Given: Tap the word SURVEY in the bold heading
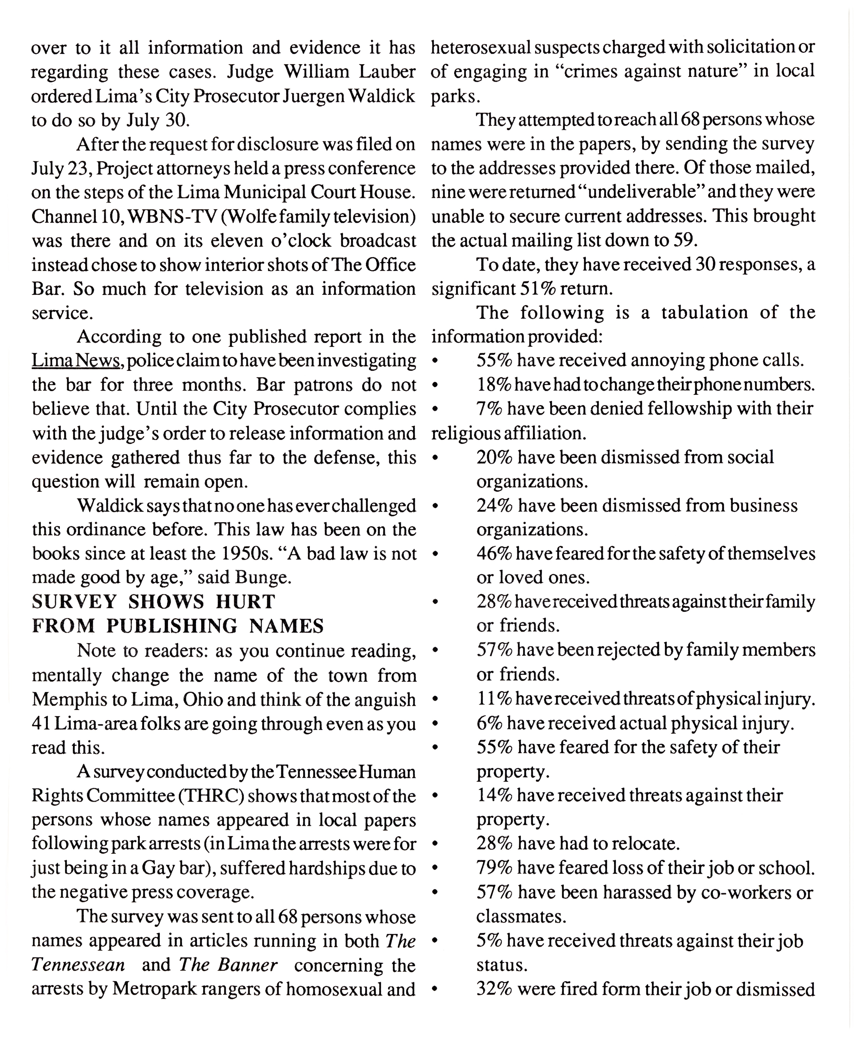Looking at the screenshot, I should point(74,602).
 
